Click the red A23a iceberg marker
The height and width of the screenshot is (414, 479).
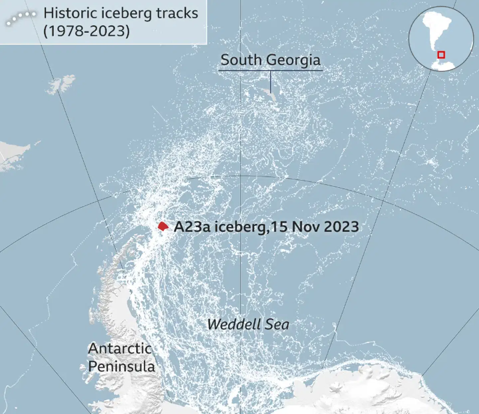point(163,227)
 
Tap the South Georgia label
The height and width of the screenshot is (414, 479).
point(270,60)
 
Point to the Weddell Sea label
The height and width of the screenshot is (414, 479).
point(248,324)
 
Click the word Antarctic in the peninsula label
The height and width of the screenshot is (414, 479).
point(120,349)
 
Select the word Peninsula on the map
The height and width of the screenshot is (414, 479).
point(122,366)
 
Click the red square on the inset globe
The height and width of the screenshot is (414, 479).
point(441,55)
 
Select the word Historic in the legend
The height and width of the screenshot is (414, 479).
point(70,13)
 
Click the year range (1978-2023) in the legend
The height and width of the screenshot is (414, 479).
point(86,31)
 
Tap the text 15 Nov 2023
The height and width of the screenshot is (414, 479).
point(315,227)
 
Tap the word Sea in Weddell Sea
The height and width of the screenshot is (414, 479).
point(277,324)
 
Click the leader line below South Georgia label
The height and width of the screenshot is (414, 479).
point(270,81)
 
